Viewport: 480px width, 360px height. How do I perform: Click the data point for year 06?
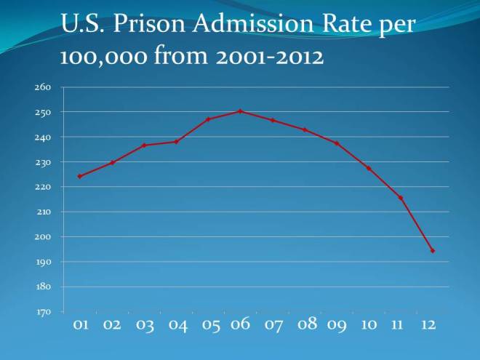[240, 111]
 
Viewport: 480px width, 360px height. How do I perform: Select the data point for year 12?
[433, 251]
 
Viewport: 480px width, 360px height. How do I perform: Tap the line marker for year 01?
[79, 176]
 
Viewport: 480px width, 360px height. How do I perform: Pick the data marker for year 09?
[337, 143]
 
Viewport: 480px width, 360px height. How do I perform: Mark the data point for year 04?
[176, 142]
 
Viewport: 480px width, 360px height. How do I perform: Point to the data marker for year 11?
[401, 198]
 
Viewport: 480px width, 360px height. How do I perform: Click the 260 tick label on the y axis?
[42, 87]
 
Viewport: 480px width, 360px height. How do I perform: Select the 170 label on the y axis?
[42, 312]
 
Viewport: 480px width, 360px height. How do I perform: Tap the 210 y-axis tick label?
[42, 212]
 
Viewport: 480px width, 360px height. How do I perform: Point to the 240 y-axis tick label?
[42, 137]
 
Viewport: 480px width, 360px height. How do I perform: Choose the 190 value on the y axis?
[42, 262]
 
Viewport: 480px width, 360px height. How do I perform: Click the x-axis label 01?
[81, 325]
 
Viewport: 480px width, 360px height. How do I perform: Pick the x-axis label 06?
[240, 324]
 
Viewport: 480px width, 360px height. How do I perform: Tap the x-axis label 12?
[428, 324]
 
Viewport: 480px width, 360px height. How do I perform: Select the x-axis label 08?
[308, 324]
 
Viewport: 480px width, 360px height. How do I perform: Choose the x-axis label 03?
[145, 325]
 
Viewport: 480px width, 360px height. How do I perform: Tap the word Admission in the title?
[259, 25]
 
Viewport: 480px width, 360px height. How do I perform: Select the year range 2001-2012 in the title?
[262, 56]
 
